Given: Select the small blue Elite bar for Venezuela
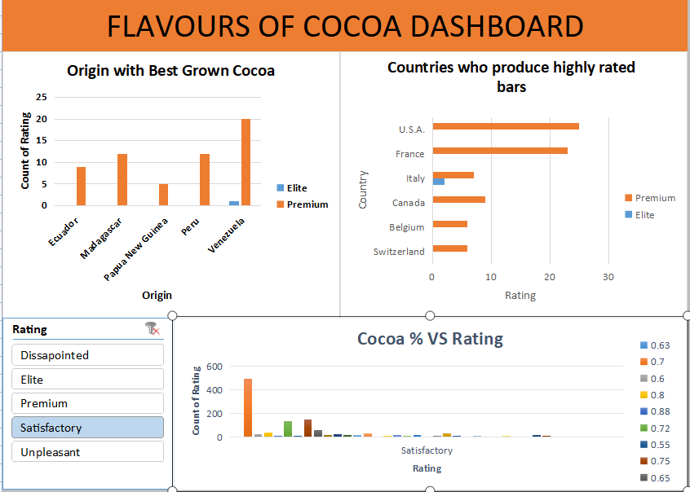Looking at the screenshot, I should pyautogui.click(x=234, y=203).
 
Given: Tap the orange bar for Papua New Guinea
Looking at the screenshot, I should pyautogui.click(x=163, y=195).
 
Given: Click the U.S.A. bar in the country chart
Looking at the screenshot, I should pyautogui.click(x=506, y=126).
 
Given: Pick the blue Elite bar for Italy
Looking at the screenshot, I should pyautogui.click(x=438, y=182).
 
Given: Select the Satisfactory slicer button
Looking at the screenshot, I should pyautogui.click(x=87, y=428).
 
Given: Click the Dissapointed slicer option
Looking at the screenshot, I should pyautogui.click(x=87, y=355).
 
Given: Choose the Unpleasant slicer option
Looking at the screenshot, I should pyautogui.click(x=87, y=452).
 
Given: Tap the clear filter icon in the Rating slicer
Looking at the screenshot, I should pyautogui.click(x=152, y=328).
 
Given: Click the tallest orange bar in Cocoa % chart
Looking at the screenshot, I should pyautogui.click(x=248, y=407).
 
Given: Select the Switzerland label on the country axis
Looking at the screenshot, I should pyautogui.click(x=399, y=252).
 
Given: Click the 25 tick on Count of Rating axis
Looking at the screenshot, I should pyautogui.click(x=42, y=97).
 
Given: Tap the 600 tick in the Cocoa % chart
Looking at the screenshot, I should pyautogui.click(x=213, y=367).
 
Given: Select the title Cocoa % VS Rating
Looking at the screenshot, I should pyautogui.click(x=430, y=339).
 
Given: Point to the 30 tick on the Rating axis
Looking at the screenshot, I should pyautogui.click(x=608, y=277).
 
